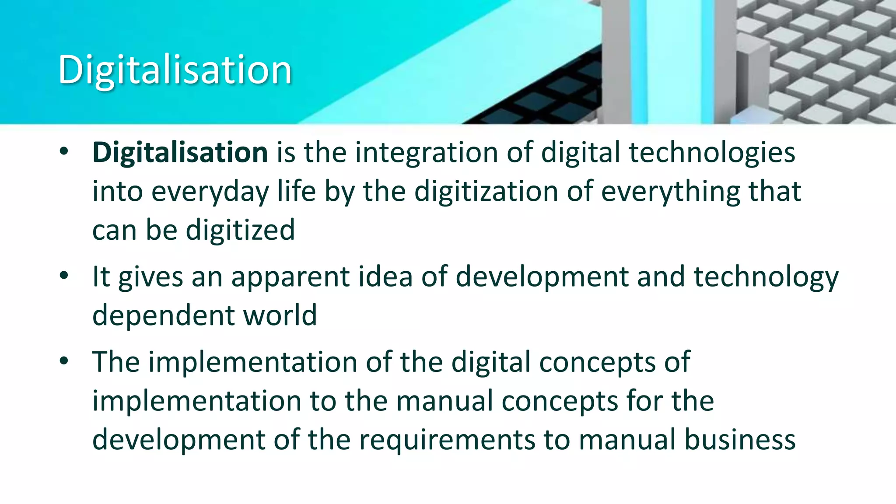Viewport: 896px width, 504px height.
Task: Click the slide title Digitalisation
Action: click(x=175, y=70)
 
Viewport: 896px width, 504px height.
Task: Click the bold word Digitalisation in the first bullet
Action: click(x=180, y=153)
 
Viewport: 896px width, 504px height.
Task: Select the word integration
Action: click(x=426, y=153)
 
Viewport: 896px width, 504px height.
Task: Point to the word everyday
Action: click(x=210, y=192)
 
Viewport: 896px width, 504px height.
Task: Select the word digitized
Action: click(x=240, y=230)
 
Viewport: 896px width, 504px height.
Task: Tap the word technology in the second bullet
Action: click(x=766, y=277)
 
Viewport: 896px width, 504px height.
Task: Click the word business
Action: click(x=740, y=439)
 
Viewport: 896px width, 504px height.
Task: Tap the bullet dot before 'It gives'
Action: click(x=64, y=276)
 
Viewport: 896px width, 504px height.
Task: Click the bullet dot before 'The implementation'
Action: click(x=64, y=361)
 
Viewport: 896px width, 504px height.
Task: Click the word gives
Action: click(x=150, y=277)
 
